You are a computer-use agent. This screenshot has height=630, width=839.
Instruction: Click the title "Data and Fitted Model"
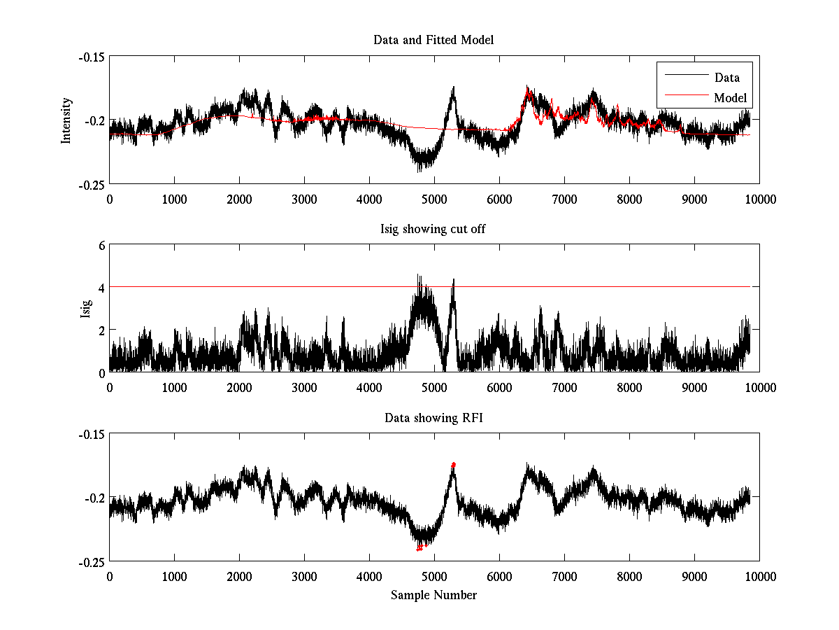(433, 40)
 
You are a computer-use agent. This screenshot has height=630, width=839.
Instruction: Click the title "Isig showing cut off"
(433, 229)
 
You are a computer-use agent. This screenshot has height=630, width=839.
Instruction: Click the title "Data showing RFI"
(433, 418)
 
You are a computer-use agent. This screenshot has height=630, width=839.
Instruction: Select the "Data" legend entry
(726, 78)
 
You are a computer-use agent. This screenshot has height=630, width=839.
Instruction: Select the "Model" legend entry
(730, 97)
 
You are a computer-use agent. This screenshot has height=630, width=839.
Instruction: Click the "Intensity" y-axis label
(66, 120)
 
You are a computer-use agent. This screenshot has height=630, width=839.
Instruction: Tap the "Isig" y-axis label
(85, 309)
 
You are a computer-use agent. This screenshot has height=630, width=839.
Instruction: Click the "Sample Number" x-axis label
(433, 595)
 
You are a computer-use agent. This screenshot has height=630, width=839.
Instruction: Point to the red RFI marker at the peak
(454, 465)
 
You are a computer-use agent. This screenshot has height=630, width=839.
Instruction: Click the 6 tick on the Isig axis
(101, 246)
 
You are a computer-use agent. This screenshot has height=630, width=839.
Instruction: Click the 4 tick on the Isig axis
(101, 288)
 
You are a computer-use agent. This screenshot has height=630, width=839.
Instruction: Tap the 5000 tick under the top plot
(433, 199)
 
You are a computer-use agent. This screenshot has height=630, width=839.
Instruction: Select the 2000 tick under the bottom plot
(239, 577)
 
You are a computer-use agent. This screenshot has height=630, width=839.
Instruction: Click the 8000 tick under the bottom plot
(629, 577)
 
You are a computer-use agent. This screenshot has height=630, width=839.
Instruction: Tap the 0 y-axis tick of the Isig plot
(101, 372)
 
